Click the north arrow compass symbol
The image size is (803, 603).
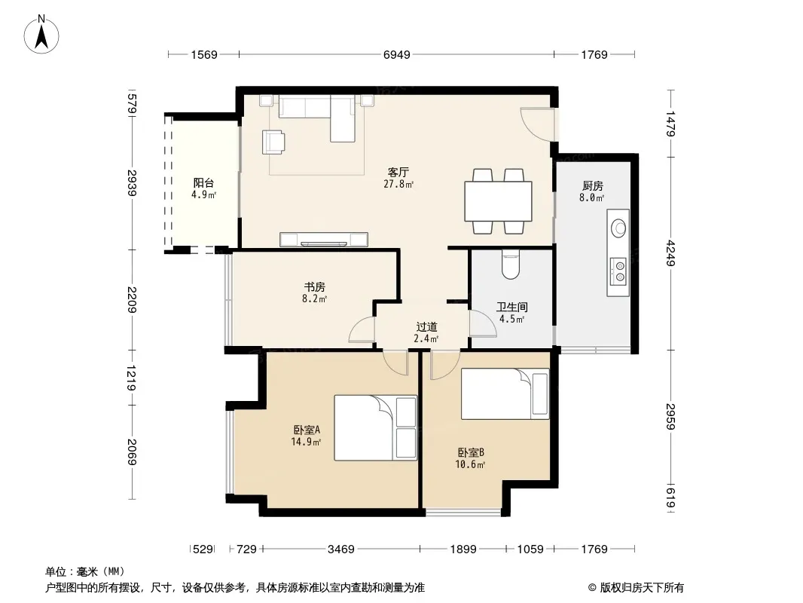[41, 35]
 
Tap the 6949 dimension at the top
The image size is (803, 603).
[397, 54]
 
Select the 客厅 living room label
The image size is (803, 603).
[398, 172]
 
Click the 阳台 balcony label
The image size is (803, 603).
[204, 183]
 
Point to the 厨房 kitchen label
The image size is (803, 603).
[593, 186]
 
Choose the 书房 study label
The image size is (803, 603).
[314, 287]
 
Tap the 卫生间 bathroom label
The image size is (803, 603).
[511, 308]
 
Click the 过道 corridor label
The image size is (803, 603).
[426, 327]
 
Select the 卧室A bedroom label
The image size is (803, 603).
[307, 430]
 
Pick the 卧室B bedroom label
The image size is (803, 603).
[471, 453]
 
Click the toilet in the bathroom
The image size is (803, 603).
[511, 265]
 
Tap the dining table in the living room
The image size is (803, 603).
[498, 200]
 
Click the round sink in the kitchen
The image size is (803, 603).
[618, 228]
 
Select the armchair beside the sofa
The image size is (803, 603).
[273, 142]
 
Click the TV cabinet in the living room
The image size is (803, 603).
[324, 240]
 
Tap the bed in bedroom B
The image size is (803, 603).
[505, 394]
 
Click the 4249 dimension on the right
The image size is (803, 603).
[670, 253]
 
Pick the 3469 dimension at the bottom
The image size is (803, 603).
[341, 549]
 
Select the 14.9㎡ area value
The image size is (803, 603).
[306, 442]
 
